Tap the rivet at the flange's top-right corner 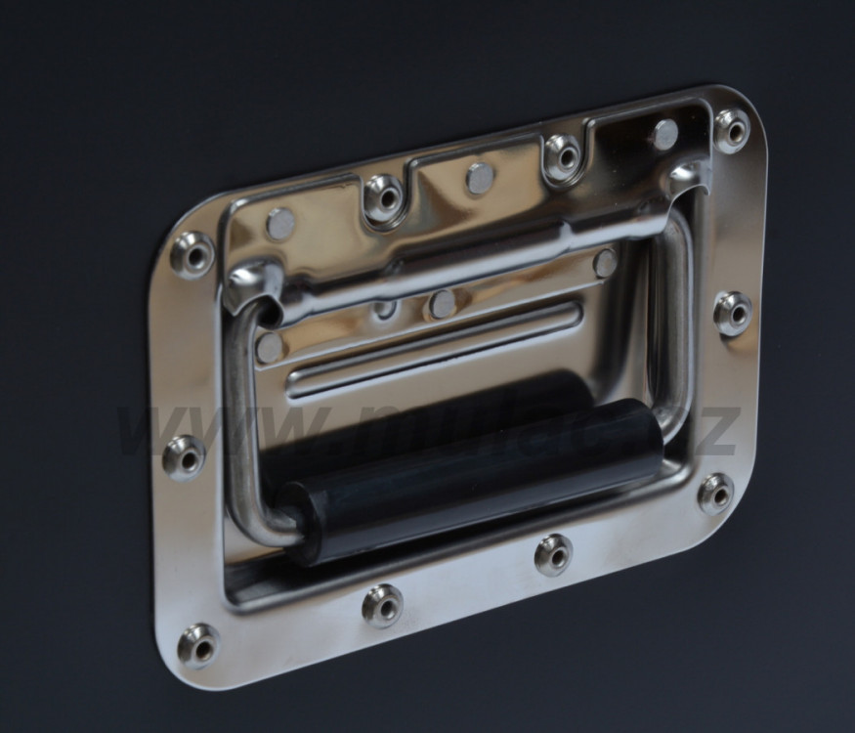coord(732,129)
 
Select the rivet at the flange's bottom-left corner coord(198,645)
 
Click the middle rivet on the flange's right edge coord(733,313)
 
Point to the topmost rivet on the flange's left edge coord(192,254)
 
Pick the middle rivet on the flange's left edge coord(184,456)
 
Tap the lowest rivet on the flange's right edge coord(716,493)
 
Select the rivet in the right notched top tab coord(563,155)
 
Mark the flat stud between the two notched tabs coord(480,178)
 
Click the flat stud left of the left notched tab coord(280,223)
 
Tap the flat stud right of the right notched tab coord(664,135)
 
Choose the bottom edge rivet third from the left coord(553,554)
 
